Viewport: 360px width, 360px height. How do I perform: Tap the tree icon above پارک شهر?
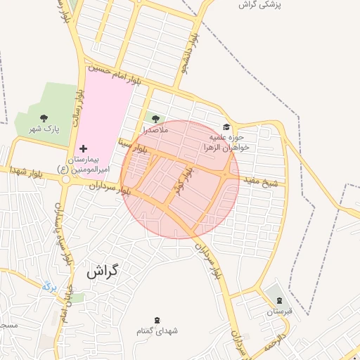(x=44, y=118)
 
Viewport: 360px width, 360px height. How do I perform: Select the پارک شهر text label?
(x=44, y=129)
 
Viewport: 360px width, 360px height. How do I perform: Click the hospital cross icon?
(x=84, y=148)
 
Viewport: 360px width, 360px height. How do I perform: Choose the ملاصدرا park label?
(x=155, y=130)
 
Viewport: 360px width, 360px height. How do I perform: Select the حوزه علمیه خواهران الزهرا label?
(x=222, y=143)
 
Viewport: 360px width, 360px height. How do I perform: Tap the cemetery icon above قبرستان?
(x=280, y=300)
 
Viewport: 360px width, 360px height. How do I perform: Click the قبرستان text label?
(x=278, y=311)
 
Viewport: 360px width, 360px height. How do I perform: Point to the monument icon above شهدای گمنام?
(x=157, y=319)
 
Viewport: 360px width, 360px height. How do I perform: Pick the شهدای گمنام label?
(x=157, y=330)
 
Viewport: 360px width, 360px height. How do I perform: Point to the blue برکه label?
(x=48, y=286)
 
